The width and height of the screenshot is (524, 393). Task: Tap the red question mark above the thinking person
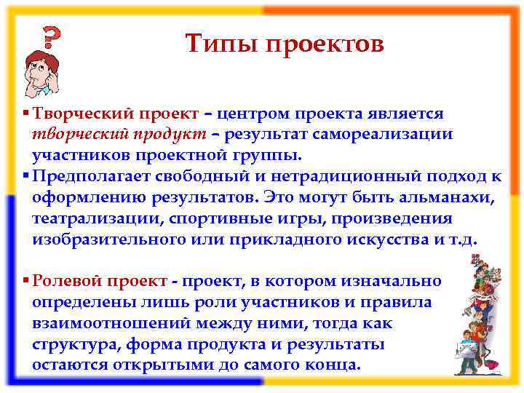(49, 36)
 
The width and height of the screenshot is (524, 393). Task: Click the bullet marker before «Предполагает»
(26, 177)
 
